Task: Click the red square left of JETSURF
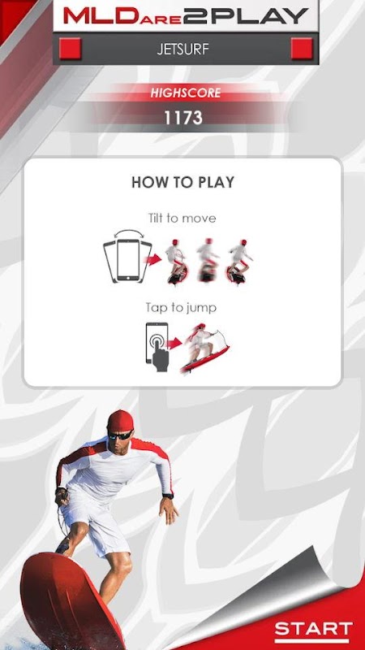tap(70, 49)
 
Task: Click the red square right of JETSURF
tap(302, 49)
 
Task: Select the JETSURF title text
tap(183, 50)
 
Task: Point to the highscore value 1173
tap(183, 118)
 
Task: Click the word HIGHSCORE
tap(186, 93)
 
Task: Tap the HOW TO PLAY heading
tap(183, 182)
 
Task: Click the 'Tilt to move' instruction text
tap(182, 218)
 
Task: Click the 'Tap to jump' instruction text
tap(181, 308)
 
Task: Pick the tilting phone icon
tap(128, 257)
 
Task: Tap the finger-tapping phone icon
tap(157, 347)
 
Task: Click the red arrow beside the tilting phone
tap(154, 260)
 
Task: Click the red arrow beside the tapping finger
tap(174, 343)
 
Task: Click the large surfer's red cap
tap(120, 420)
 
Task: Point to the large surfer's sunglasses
tap(120, 435)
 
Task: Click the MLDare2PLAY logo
tap(186, 15)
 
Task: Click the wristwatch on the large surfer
tap(168, 496)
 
